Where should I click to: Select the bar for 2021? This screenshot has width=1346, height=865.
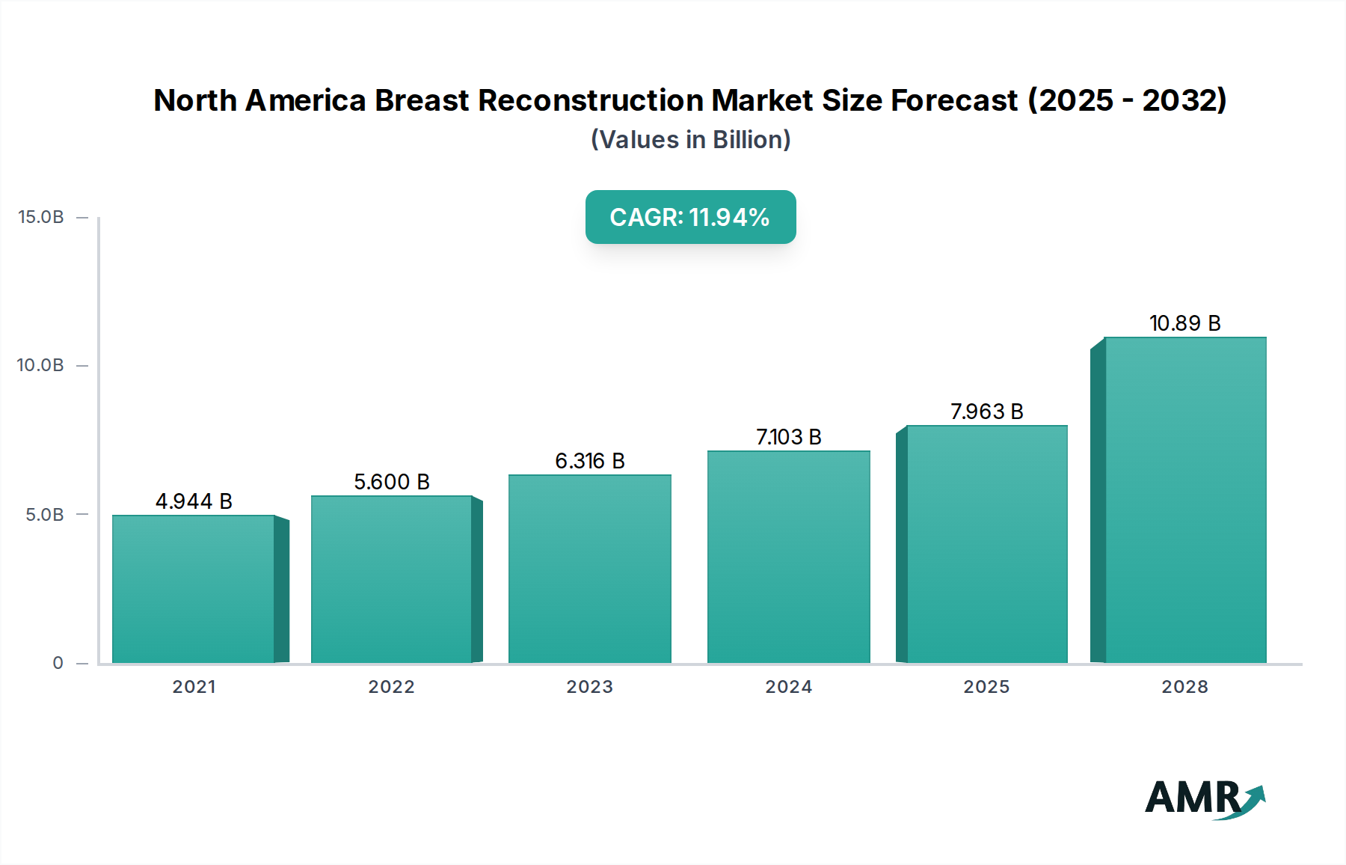(194, 589)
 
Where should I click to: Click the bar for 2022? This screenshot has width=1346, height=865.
(391, 579)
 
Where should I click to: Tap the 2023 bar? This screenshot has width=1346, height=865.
(590, 569)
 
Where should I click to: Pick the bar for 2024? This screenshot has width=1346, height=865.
(789, 557)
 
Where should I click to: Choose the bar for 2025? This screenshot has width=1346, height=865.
(987, 544)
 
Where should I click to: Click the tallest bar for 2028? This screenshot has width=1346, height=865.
(1185, 500)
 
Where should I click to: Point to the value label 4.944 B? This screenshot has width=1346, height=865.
(194, 501)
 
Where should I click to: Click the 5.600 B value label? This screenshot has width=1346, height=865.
(391, 481)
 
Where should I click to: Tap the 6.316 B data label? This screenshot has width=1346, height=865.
(590, 460)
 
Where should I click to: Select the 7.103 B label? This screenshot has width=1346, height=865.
(789, 436)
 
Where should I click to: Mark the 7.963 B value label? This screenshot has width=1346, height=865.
(987, 411)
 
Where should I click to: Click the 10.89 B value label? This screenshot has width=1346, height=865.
(1185, 323)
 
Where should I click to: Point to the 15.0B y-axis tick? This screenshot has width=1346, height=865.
(41, 217)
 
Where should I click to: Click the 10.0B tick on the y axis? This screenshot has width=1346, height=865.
(41, 365)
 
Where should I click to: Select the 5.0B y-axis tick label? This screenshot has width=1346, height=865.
(45, 514)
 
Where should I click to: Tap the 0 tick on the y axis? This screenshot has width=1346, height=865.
(58, 662)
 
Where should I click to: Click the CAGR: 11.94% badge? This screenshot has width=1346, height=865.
(690, 217)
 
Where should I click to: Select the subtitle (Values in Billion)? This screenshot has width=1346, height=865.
(690, 139)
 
